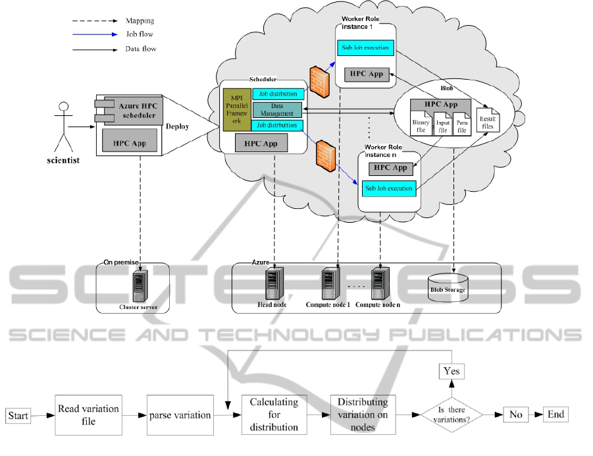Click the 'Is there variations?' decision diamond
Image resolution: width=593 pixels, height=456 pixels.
pos(451,414)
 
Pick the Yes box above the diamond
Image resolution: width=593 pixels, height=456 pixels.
pos(451,371)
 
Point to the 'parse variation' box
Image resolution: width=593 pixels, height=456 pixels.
pos(179,415)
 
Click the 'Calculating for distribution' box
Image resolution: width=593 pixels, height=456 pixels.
pos(274,415)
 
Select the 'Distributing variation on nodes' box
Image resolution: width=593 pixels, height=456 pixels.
pos(363,415)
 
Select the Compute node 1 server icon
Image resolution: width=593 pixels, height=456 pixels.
pos(329,283)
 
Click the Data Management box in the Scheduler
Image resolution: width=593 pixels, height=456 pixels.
pos(277,110)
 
